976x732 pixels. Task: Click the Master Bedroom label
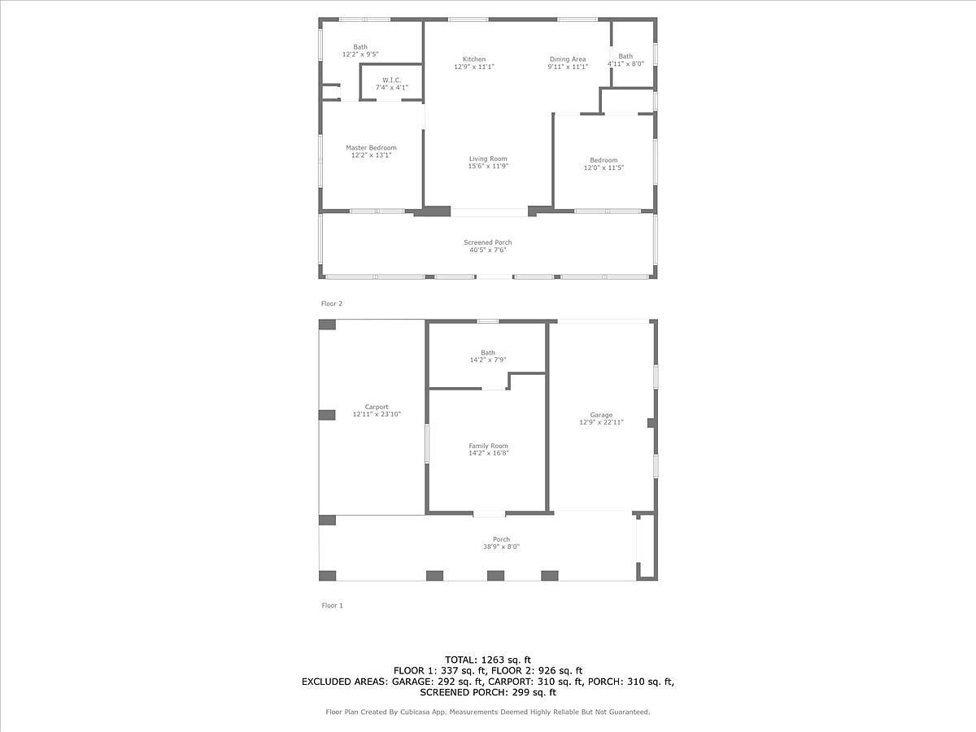[x=371, y=148]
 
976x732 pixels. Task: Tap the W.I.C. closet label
[x=392, y=80]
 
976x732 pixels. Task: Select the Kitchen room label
[x=474, y=59]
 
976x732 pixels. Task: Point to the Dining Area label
[x=568, y=59]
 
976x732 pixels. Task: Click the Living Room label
[x=488, y=159]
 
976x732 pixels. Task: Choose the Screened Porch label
[x=488, y=242]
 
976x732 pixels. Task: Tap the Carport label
[x=377, y=407]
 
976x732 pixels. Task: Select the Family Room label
[x=488, y=446]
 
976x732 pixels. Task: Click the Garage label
[x=602, y=415]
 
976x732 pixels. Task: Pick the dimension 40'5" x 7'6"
[x=488, y=251]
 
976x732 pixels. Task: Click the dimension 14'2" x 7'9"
[x=488, y=360]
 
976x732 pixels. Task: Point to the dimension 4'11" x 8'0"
[x=625, y=63]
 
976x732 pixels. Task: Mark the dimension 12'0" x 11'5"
[x=603, y=168]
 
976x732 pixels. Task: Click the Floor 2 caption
[x=332, y=303]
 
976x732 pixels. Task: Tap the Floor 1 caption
[x=332, y=605]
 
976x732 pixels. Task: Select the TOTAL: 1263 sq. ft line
[x=488, y=659]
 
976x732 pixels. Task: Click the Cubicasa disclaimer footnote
[x=488, y=712]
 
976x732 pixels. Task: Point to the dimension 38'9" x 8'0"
[x=501, y=547]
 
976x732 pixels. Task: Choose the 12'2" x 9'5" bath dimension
[x=360, y=54]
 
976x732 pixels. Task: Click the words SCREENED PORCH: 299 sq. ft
[x=488, y=693]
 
